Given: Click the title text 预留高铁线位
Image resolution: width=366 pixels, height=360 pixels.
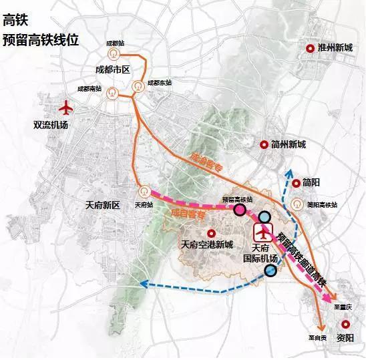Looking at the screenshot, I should point(41,39).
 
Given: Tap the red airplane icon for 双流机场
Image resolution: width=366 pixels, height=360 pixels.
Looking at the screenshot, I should point(65,107).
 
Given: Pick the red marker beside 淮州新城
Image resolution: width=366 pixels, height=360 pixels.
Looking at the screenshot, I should point(309,48).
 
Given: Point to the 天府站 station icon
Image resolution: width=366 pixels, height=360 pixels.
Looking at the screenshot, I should point(142,190).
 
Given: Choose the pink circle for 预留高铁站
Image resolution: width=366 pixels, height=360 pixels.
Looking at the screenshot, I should point(240,210).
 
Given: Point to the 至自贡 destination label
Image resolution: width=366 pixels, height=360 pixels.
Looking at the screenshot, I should point(317,338).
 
